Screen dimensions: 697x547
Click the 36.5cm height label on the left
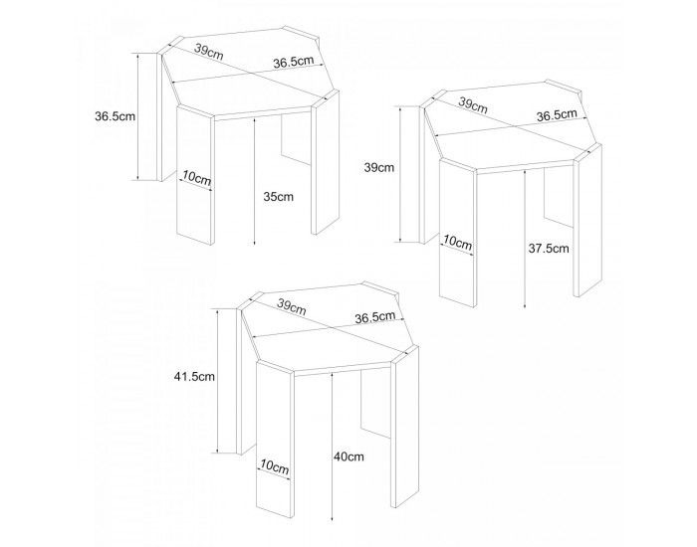click(x=115, y=116)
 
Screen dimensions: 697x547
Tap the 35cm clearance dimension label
click(x=278, y=196)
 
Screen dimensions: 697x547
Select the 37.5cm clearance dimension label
click(x=548, y=248)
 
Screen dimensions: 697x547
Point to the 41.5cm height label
click(x=194, y=377)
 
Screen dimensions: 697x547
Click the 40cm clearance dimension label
click(x=348, y=456)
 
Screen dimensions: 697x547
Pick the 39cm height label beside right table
click(x=378, y=168)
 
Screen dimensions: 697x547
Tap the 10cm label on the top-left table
click(x=196, y=178)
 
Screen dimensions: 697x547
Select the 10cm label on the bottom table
click(x=274, y=466)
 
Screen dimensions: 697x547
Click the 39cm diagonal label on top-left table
click(x=208, y=53)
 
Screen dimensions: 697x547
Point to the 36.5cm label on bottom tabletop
click(x=375, y=317)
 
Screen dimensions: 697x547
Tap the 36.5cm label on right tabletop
click(x=557, y=115)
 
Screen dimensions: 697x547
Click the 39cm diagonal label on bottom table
click(x=291, y=306)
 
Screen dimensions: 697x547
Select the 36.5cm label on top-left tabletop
click(x=294, y=62)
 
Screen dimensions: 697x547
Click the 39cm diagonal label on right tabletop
click(x=473, y=105)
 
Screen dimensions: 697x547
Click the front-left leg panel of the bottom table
click(x=275, y=440)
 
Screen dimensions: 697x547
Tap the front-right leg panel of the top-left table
click(x=325, y=162)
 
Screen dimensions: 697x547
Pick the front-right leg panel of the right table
click(x=587, y=220)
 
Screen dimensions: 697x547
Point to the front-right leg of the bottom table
click(x=404, y=427)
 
